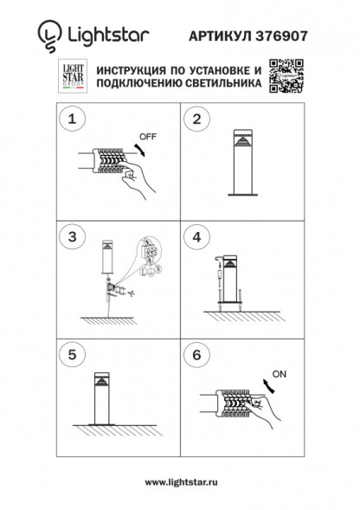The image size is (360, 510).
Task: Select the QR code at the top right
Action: (286, 75)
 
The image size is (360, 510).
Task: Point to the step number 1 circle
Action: (74, 119)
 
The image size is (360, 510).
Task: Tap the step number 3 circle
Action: (74, 236)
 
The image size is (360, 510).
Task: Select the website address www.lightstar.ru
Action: (180, 482)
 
